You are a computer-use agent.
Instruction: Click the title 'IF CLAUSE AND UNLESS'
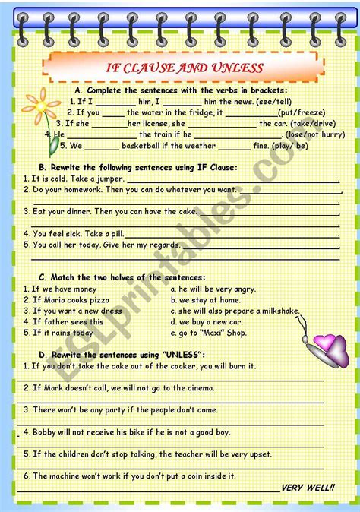pyautogui.click(x=184, y=68)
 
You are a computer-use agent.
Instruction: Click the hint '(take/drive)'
pyautogui.click(x=314, y=123)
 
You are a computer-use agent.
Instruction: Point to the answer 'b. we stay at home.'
pyautogui.click(x=204, y=299)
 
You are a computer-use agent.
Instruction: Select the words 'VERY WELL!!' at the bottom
pyautogui.click(x=308, y=487)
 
